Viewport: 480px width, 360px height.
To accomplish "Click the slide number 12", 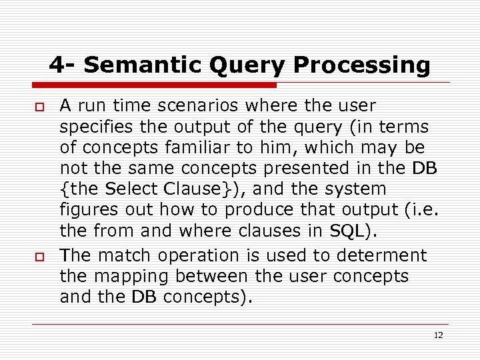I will tap(438, 335).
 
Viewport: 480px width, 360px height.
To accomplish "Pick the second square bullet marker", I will tap(39, 257).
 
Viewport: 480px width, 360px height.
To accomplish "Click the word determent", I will tap(385, 255).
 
